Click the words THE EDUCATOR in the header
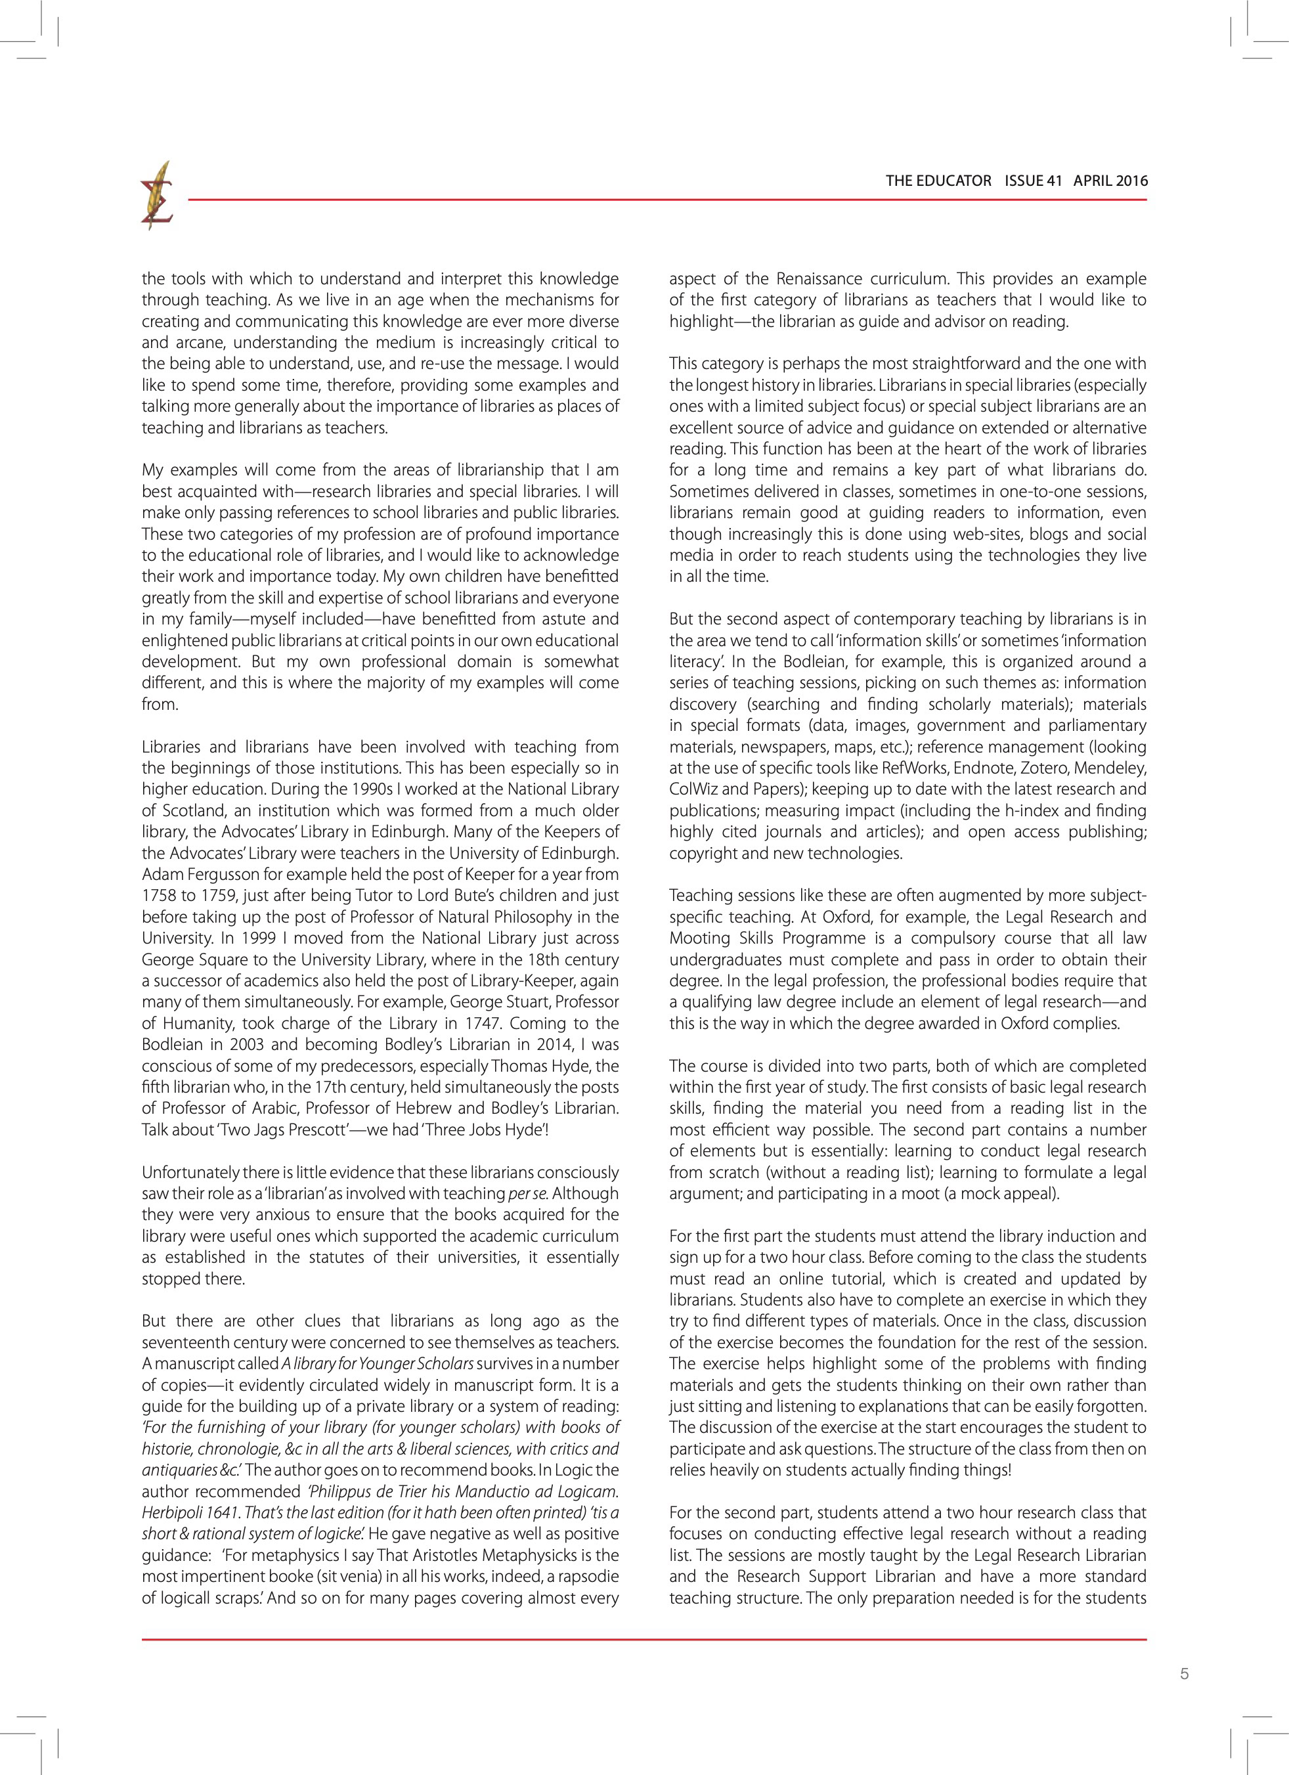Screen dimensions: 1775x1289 click(x=938, y=181)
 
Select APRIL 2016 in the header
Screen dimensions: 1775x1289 click(x=1110, y=181)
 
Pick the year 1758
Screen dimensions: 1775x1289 click(x=160, y=895)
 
